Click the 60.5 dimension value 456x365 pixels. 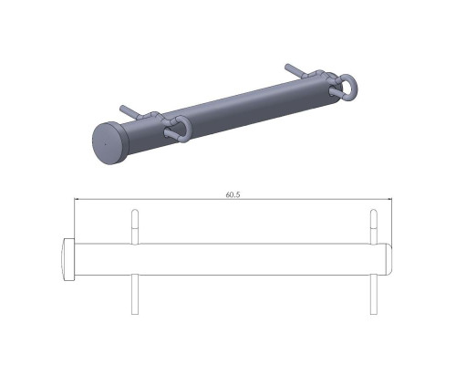233,194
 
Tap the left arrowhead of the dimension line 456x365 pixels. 77,199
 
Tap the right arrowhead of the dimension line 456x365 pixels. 389,199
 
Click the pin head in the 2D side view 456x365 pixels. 68,259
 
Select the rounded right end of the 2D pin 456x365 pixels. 389,259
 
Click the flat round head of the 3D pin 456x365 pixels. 109,143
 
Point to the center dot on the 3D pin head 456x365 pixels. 106,144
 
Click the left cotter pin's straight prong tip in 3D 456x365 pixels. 122,108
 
